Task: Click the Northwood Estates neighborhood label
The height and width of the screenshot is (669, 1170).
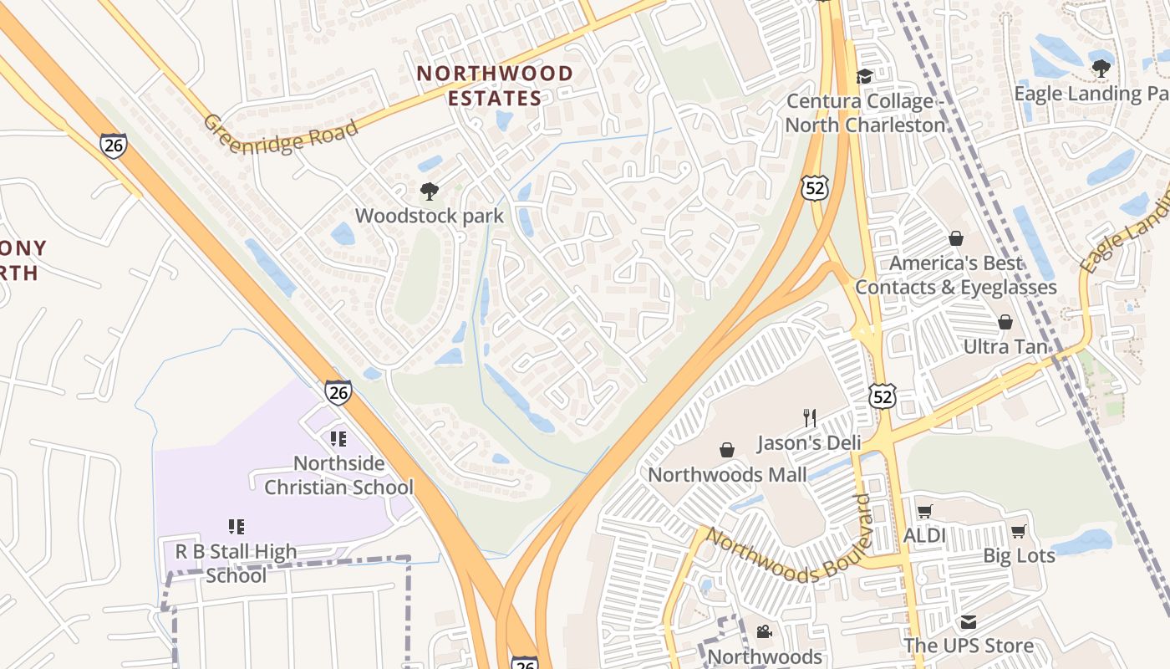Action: [495, 85]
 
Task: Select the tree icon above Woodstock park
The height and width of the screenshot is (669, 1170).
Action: [430, 192]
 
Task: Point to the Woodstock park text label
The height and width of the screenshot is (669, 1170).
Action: [430, 216]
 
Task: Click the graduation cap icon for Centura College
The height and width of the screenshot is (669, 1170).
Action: [865, 77]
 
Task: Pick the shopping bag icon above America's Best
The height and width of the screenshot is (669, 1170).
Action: [956, 239]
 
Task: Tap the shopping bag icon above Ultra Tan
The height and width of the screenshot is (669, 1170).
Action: [1005, 322]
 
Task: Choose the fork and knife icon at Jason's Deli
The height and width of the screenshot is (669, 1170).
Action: [809, 417]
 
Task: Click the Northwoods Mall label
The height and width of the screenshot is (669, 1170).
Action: [728, 475]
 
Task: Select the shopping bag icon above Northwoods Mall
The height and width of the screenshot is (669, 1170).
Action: [727, 450]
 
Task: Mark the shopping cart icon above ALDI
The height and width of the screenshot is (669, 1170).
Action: [924, 511]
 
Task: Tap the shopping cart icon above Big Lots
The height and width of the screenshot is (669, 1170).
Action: [1018, 531]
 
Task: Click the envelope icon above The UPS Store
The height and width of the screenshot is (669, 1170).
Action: [968, 622]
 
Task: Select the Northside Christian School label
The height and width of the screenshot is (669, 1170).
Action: [338, 475]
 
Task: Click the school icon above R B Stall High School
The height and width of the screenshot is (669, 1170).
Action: [237, 527]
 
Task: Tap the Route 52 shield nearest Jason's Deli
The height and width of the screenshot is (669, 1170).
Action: [882, 396]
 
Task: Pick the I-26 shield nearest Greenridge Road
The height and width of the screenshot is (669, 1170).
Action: [114, 145]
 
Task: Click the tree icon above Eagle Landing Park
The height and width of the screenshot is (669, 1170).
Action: [1101, 68]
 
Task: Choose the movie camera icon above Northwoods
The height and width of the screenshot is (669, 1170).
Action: [764, 632]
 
